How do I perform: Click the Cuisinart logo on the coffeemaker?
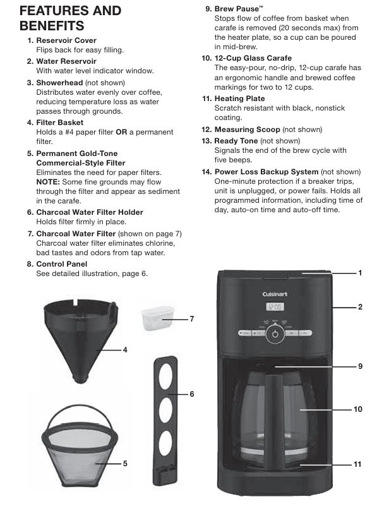(x=275, y=294)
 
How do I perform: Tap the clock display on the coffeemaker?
(x=275, y=306)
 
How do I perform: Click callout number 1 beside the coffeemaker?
(x=360, y=273)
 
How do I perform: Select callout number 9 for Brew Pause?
(x=360, y=366)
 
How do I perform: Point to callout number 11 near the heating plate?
(x=357, y=464)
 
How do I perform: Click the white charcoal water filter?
(x=157, y=318)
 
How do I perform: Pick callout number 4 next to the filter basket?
(x=125, y=350)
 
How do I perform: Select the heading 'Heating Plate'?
(x=239, y=99)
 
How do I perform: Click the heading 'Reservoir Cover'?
(x=66, y=40)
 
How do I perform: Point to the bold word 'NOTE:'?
(x=48, y=182)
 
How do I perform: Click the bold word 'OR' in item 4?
(x=121, y=132)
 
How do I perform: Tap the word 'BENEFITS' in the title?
(x=52, y=26)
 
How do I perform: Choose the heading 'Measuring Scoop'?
(x=248, y=130)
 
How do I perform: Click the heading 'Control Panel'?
(x=62, y=264)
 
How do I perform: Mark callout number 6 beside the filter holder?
(x=192, y=394)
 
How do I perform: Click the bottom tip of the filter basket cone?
(x=80, y=382)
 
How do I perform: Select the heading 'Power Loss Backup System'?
(x=266, y=172)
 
